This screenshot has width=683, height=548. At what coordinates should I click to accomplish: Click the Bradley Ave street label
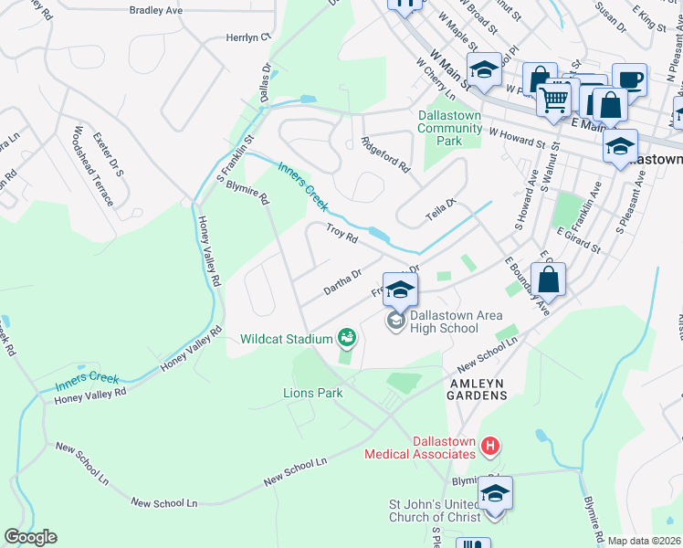(157, 11)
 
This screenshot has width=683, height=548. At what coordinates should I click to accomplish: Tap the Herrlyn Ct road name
(249, 38)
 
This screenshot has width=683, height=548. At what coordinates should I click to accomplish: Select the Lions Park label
(311, 395)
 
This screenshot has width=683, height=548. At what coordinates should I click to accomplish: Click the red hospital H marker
(490, 446)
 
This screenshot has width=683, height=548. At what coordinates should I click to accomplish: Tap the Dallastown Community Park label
(449, 128)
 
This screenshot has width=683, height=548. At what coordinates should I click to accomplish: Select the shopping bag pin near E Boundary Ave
(548, 279)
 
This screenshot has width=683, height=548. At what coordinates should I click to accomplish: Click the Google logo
(30, 537)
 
